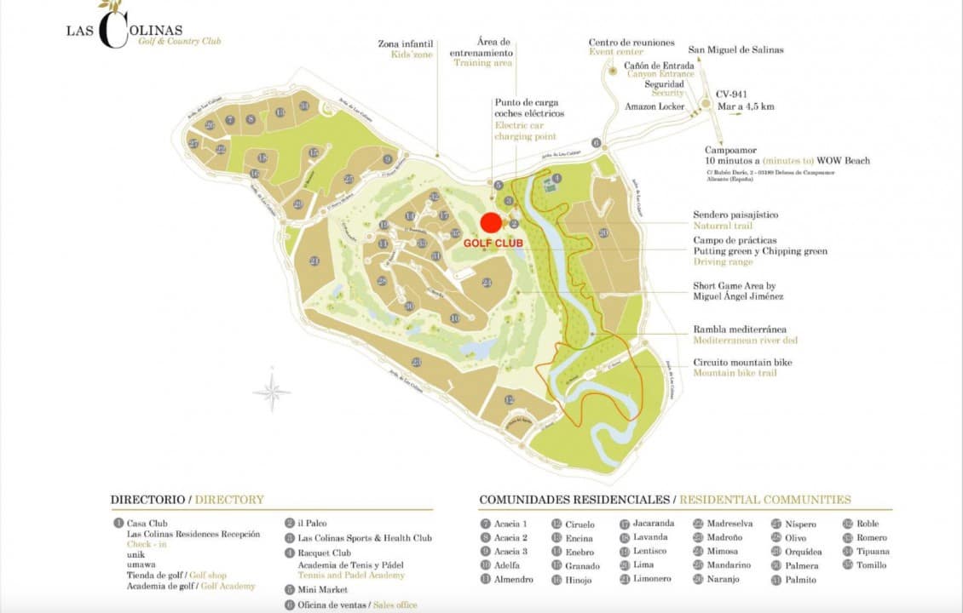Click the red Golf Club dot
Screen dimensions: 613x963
point(490,223)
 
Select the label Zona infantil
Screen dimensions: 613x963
point(405,43)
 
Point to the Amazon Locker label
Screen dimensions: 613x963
point(654,106)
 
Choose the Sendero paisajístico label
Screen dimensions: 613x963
point(735,215)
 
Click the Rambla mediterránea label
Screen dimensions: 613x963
point(740,329)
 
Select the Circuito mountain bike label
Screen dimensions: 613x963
point(742,363)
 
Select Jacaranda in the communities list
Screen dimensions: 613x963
point(653,524)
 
